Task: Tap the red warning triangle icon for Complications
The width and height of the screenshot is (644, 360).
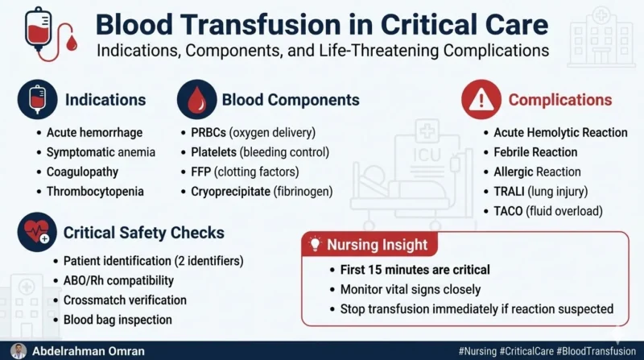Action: tap(481, 101)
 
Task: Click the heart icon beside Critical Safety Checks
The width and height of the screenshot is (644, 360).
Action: tap(37, 234)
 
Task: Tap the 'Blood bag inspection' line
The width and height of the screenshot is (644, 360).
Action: tap(118, 319)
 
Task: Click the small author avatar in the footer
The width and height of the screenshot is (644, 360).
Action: tap(18, 351)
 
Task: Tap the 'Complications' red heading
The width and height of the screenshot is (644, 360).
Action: tap(559, 101)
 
